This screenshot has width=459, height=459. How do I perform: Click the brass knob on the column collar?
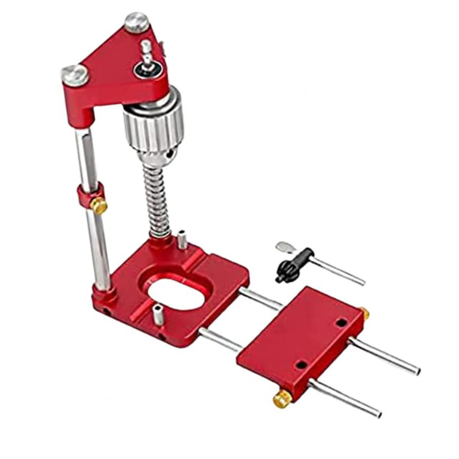point(99,206)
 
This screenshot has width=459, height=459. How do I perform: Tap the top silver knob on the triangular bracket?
point(136,22)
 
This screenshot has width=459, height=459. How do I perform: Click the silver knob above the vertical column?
point(75,74)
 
